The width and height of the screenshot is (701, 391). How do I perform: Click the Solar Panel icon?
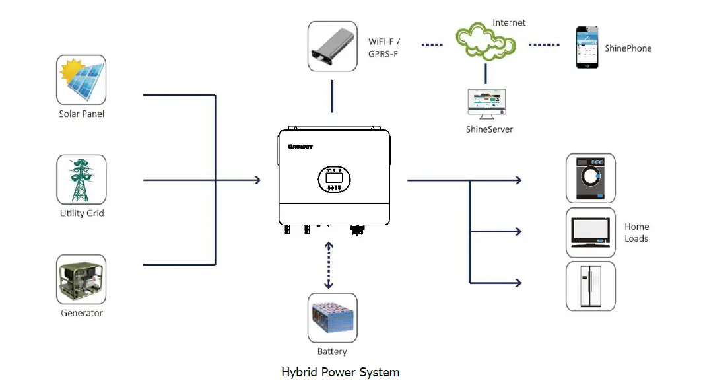coord(81,80)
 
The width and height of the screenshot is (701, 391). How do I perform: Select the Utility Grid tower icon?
coord(81,180)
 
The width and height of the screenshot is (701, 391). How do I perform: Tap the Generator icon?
coord(81,279)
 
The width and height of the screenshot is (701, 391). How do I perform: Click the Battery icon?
coord(332,318)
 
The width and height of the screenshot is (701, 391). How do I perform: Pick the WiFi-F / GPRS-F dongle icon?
coord(332,46)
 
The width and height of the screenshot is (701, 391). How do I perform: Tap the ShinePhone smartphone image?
coord(587,48)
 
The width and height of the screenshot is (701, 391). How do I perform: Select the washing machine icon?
coord(591,178)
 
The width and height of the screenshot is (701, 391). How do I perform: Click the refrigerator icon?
coord(591,286)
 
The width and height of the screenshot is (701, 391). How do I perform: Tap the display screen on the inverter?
coord(333,177)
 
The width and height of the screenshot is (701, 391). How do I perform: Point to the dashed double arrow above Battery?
coord(328,266)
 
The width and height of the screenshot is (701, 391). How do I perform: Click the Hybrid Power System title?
coord(340,372)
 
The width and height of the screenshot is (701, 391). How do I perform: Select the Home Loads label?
coord(636,232)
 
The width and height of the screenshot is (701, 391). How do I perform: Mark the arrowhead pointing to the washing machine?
coord(518,180)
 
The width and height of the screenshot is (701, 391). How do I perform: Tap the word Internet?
coord(509,23)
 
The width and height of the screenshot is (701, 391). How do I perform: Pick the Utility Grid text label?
coord(82,213)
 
